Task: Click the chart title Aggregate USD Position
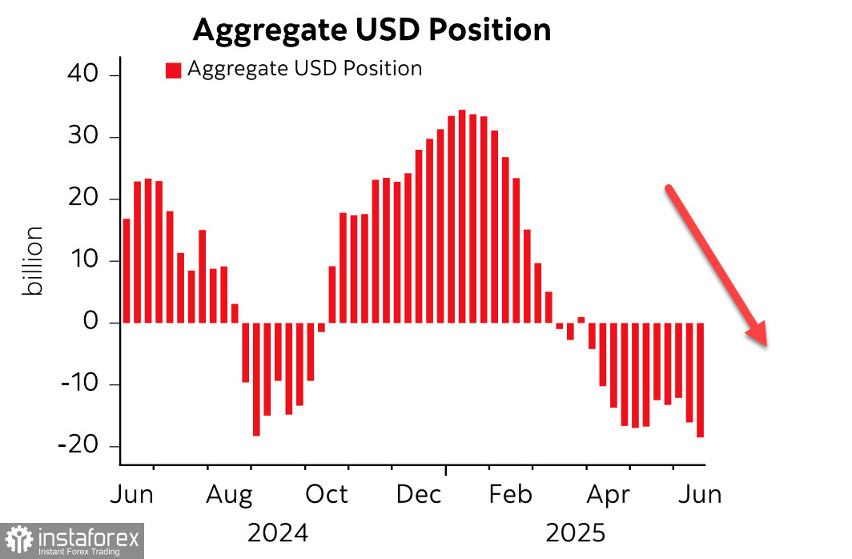[372, 30]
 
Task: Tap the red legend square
[174, 70]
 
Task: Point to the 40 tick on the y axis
[80, 75]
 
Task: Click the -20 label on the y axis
[76, 446]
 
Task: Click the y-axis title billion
[34, 261]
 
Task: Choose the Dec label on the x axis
[419, 495]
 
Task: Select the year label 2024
[278, 532]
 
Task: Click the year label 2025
[575, 532]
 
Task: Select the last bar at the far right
[700, 380]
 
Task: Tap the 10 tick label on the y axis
[80, 261]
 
